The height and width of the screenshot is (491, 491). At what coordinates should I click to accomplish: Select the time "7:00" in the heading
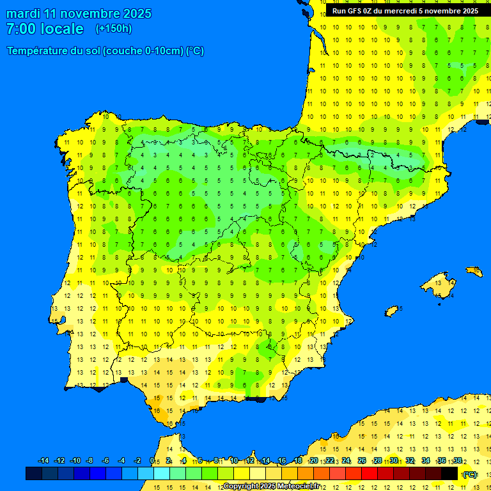(20, 29)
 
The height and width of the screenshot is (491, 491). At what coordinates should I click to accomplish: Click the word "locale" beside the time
(62, 29)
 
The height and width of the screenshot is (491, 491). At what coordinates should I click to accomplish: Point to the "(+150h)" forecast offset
(114, 29)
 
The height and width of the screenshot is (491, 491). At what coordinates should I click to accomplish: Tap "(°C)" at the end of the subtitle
(195, 51)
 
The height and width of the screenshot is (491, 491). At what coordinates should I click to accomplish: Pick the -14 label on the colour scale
(43, 461)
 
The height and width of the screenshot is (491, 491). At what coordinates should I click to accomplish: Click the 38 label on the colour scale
(458, 461)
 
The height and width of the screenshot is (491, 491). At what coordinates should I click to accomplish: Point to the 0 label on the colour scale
(152, 461)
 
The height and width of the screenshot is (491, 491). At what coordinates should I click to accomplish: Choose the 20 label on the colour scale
(313, 461)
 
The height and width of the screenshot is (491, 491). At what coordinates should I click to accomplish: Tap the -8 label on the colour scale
(90, 461)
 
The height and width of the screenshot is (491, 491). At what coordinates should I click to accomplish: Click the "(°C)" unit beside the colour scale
(470, 474)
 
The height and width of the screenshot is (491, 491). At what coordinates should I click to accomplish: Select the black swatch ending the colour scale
(449, 473)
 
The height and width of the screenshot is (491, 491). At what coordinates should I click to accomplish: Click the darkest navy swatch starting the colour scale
(34, 473)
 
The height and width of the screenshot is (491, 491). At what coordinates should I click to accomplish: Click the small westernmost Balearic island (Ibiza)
(392, 311)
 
